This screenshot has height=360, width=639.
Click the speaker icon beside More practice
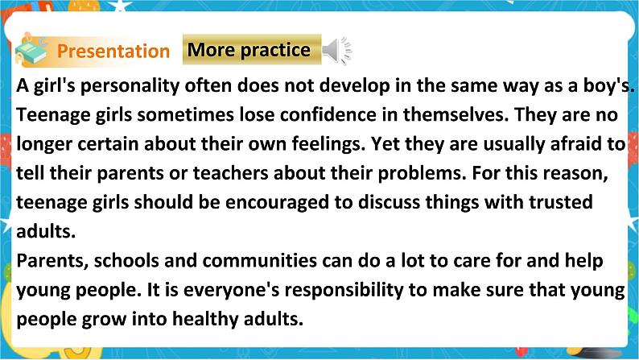(x=336, y=51)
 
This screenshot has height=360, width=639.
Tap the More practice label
(x=249, y=50)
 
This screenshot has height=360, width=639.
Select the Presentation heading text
(x=113, y=52)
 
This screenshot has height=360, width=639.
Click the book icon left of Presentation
(x=32, y=50)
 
